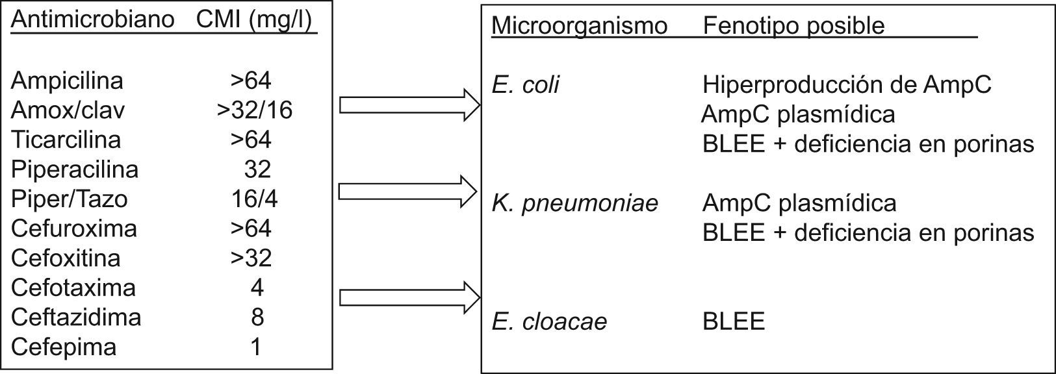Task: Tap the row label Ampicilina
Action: [x=67, y=81]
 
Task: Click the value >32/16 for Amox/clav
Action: [x=255, y=110]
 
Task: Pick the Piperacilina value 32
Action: [x=257, y=169]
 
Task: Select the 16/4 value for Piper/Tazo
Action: [x=254, y=199]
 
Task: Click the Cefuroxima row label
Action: [x=74, y=229]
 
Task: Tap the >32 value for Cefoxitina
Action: [x=251, y=258]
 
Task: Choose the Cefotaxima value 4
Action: [x=257, y=288]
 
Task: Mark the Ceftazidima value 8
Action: [x=257, y=317]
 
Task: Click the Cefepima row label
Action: [x=64, y=347]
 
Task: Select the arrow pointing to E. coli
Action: [x=409, y=105]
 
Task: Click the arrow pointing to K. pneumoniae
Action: [x=409, y=191]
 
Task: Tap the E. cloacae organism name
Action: [x=549, y=321]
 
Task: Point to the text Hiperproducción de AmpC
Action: [x=847, y=84]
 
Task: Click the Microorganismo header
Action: [x=579, y=25]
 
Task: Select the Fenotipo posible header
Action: [x=793, y=25]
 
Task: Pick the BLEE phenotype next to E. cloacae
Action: [x=734, y=321]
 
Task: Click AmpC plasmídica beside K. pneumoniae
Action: [x=799, y=203]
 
